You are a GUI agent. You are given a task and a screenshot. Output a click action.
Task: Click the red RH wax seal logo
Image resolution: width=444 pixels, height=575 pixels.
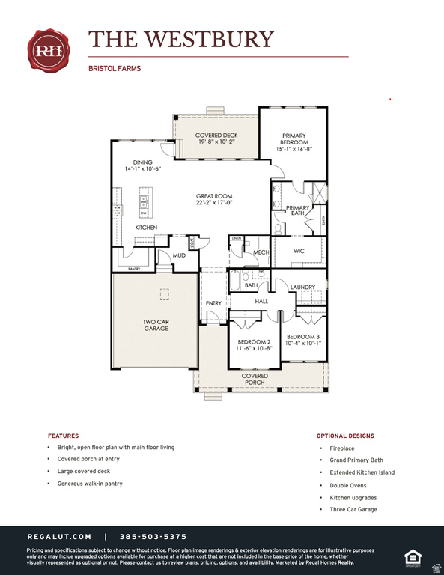[x=49, y=50]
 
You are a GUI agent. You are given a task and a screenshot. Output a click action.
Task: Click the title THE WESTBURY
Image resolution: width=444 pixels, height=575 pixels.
[x=181, y=39]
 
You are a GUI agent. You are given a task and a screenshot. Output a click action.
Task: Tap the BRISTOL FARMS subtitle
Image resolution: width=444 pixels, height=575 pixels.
[x=115, y=68]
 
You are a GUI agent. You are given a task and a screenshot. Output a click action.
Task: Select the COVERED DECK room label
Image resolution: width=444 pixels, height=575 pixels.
[x=216, y=139]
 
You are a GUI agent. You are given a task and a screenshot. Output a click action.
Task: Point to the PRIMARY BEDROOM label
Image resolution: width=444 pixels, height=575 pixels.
[x=294, y=142]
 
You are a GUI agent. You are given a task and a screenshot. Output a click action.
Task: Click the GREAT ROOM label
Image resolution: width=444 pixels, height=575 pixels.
[x=214, y=199]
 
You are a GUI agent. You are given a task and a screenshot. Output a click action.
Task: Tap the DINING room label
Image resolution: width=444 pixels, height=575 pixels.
[x=142, y=165]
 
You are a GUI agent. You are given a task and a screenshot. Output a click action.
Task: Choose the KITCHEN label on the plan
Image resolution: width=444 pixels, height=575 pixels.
[x=146, y=227]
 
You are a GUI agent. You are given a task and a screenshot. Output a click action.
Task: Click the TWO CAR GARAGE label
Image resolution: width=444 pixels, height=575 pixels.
[x=156, y=325]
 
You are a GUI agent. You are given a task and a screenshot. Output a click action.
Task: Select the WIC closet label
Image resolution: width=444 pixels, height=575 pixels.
[x=299, y=251]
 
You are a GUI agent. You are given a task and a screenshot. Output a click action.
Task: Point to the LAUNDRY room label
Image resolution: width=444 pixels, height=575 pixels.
[x=302, y=287]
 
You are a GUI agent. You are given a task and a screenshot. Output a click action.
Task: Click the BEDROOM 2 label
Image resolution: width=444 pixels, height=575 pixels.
[x=253, y=344]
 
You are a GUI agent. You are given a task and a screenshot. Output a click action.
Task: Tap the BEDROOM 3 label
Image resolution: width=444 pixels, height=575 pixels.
[x=303, y=340]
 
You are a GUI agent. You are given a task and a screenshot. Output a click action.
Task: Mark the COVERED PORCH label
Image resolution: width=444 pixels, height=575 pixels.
[x=254, y=380]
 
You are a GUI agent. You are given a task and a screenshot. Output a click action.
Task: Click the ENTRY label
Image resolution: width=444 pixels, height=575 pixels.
[x=214, y=303]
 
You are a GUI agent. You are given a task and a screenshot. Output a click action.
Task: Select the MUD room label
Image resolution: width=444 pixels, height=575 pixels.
[x=179, y=255]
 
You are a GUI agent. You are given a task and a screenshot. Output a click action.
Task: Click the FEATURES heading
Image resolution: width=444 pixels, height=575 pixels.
[x=63, y=436]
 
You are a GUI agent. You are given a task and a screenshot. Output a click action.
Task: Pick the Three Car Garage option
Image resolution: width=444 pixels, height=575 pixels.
[x=353, y=509]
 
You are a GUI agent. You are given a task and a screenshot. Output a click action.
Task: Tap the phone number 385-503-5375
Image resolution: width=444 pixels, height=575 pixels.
[x=153, y=537]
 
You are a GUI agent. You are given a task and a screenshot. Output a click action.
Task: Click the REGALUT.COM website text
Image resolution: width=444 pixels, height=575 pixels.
[x=59, y=537]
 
